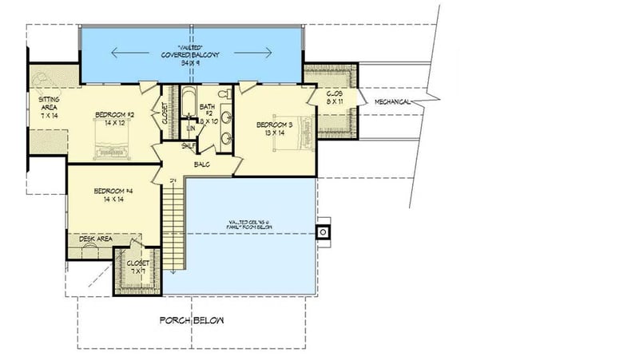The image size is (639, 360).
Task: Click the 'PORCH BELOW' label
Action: tap(192, 320)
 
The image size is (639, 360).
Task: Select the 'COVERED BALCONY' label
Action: tap(192, 54)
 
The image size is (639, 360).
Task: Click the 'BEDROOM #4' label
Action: tap(112, 191)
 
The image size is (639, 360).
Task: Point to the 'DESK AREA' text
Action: tap(94, 239)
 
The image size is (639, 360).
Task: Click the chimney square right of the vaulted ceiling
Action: tap(323, 231)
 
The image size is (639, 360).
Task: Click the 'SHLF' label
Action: tap(189, 145)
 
